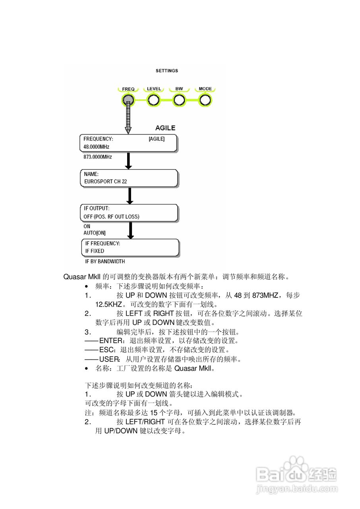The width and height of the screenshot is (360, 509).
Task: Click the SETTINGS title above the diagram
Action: click(166, 71)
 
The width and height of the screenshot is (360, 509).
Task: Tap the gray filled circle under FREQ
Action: click(128, 101)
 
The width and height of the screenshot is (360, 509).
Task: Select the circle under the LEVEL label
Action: click(153, 101)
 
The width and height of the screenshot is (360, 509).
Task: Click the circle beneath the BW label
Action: click(179, 101)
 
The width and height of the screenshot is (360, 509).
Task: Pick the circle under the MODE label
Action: click(205, 101)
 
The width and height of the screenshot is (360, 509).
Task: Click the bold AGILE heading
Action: click(165, 128)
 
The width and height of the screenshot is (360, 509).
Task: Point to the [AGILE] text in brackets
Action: click(157, 139)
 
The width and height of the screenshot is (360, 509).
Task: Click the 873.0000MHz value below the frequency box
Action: click(97, 157)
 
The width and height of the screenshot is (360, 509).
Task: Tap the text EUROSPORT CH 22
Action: click(105, 181)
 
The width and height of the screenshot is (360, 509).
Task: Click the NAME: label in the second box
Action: click(91, 174)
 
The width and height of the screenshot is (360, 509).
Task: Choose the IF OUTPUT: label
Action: click(97, 208)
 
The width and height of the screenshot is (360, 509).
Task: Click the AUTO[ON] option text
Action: click(95, 233)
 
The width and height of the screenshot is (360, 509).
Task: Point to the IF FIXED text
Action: click(95, 251)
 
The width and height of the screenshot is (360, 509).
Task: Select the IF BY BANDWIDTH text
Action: click(105, 262)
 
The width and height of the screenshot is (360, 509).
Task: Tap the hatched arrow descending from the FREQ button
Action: click(128, 119)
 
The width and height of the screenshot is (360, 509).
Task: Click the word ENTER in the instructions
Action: click(108, 341)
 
